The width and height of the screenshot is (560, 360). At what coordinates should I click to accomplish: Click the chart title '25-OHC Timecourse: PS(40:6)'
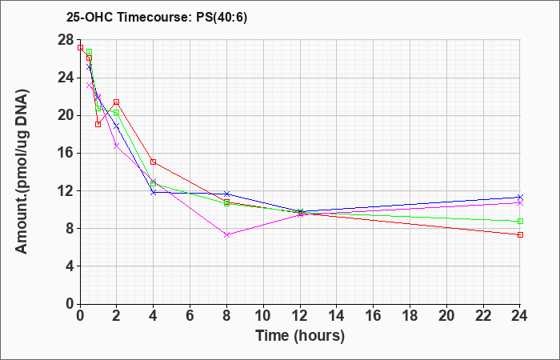(x=157, y=18)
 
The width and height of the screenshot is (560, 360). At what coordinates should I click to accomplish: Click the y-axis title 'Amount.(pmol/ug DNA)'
(x=22, y=171)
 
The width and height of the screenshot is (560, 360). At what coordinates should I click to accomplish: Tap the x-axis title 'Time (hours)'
(x=300, y=336)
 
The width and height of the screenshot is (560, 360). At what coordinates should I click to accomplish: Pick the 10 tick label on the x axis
(x=263, y=316)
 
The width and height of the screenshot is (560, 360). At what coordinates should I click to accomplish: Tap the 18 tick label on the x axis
(x=410, y=316)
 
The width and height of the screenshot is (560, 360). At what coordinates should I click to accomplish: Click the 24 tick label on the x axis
(x=519, y=316)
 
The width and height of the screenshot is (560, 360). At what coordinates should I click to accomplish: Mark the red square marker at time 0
(x=80, y=47)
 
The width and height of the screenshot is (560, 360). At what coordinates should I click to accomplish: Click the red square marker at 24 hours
(x=520, y=234)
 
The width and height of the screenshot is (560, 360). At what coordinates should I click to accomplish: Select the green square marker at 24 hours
(x=520, y=221)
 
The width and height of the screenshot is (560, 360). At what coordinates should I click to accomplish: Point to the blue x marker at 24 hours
(x=520, y=197)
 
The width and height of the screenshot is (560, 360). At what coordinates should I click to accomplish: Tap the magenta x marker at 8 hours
(x=226, y=234)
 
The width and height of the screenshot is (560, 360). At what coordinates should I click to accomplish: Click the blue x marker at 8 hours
(x=226, y=194)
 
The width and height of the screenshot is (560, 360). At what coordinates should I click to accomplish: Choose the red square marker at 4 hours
(x=154, y=162)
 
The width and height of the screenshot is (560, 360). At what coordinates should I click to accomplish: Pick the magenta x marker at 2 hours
(x=117, y=146)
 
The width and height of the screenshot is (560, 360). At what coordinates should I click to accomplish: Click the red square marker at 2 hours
(x=117, y=102)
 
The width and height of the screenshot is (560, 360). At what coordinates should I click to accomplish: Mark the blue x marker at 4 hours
(x=154, y=192)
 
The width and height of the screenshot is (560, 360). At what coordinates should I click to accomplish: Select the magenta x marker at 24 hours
(x=520, y=203)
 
